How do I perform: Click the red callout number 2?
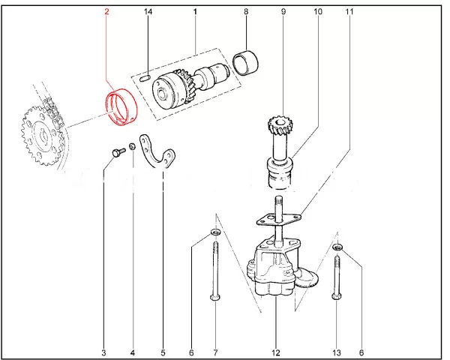pyautogui.click(x=106, y=13)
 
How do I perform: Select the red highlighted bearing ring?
pyautogui.click(x=122, y=104)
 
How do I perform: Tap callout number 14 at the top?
pyautogui.click(x=148, y=13)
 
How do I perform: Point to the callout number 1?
pyautogui.click(x=195, y=13)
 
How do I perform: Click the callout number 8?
pyautogui.click(x=246, y=13)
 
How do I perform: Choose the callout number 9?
pyautogui.click(x=283, y=13)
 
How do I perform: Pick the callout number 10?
pyautogui.click(x=318, y=13)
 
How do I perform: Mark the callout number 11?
pyautogui.click(x=349, y=13)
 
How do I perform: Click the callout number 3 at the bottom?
pyautogui.click(x=103, y=352)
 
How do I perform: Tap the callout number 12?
pyautogui.click(x=275, y=352)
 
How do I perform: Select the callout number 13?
pyautogui.click(x=337, y=352)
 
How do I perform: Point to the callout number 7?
pyautogui.click(x=215, y=352)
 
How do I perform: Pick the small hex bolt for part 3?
pyautogui.click(x=115, y=152)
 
